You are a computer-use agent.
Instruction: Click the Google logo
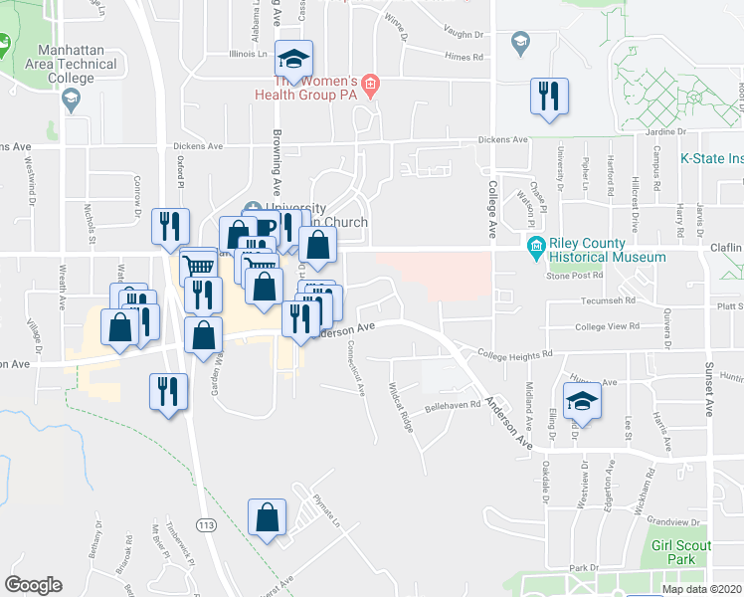(33, 585)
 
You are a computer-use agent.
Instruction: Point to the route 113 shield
(207, 524)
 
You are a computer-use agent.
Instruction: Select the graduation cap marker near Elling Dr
(582, 401)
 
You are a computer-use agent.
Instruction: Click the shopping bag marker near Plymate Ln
(267, 518)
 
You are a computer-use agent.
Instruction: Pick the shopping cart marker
(199, 267)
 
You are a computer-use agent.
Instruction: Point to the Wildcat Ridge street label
(402, 408)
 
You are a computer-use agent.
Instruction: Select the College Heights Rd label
(514, 353)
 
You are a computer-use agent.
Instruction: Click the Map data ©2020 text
(700, 589)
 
